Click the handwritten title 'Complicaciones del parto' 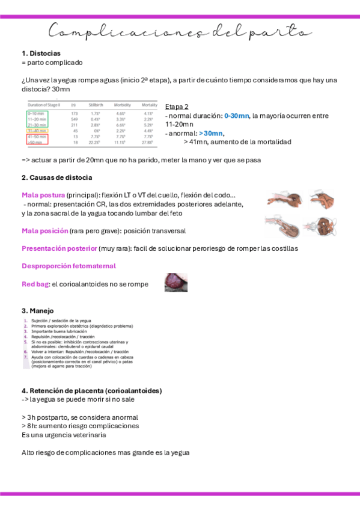tap(179, 31)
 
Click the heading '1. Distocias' tap(41, 54)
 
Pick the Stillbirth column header tap(96, 105)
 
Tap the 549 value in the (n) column tap(75, 119)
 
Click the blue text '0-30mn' tap(236, 115)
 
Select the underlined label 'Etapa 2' tap(177, 106)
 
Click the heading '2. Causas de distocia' tap(56, 178)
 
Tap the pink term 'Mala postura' tap(43, 195)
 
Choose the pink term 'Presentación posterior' tap(59, 248)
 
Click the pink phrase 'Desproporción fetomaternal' tap(69, 266)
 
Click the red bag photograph tap(176, 282)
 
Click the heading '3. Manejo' tap(37, 311)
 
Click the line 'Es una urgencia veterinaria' tap(63, 434)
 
